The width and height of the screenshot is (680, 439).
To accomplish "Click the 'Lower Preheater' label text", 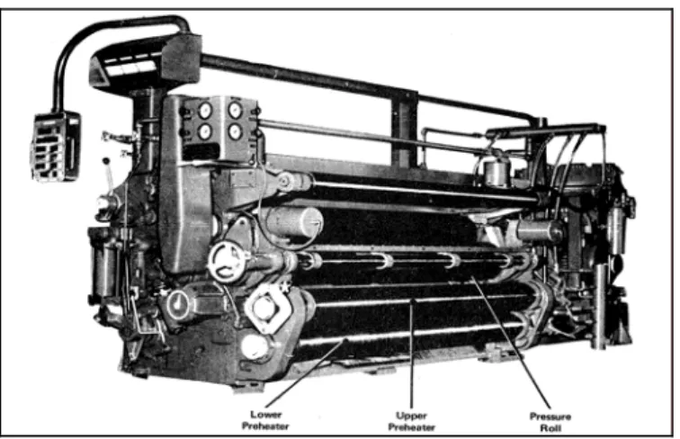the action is pyautogui.click(x=265, y=420).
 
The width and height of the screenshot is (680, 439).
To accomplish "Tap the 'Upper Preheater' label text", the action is pyautogui.click(x=411, y=422).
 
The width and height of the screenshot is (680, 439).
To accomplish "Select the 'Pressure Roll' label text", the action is pyautogui.click(x=550, y=422).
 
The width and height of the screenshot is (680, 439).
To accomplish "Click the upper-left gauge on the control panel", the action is pyautogui.click(x=205, y=111).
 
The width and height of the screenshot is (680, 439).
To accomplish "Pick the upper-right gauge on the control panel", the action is pyautogui.click(x=235, y=110).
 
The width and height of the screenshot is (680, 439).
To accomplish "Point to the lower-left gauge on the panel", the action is pyautogui.click(x=205, y=131).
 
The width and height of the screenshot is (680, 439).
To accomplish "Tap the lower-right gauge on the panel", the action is pyautogui.click(x=235, y=131).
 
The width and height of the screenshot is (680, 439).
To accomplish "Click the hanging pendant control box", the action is pyautogui.click(x=56, y=147).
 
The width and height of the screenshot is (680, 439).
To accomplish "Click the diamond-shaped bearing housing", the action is pyautogui.click(x=266, y=307).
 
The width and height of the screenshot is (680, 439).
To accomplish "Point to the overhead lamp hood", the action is pyautogui.click(x=146, y=61).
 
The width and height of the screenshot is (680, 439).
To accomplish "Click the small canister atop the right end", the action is pyautogui.click(x=497, y=173).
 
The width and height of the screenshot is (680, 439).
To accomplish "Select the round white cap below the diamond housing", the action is pyautogui.click(x=255, y=347).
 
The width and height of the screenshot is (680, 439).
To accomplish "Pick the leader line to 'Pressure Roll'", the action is pyautogui.click(x=511, y=343).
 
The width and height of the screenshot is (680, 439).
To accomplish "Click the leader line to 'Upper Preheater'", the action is pyautogui.click(x=412, y=354).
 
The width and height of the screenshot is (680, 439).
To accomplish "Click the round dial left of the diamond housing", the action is pyautogui.click(x=178, y=304).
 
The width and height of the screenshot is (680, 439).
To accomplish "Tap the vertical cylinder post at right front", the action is pyautogui.click(x=600, y=306).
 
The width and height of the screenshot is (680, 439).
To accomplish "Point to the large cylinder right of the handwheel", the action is pyautogui.click(x=294, y=222).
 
